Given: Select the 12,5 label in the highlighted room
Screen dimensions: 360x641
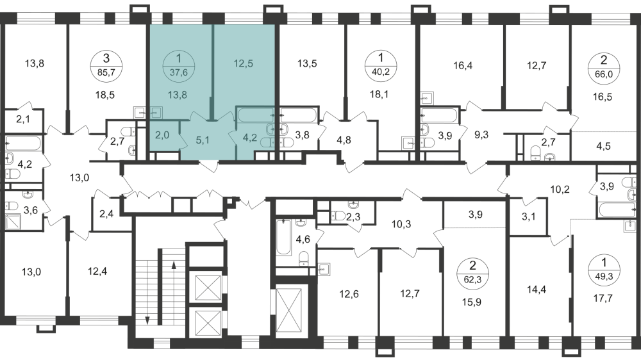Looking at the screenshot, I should pos(243,63).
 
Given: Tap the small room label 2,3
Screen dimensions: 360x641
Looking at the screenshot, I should pos(353,218).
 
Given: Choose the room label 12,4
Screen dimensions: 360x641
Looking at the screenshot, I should pos(97,271).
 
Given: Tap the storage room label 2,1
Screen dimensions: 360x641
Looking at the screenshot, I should pos(24,120).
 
